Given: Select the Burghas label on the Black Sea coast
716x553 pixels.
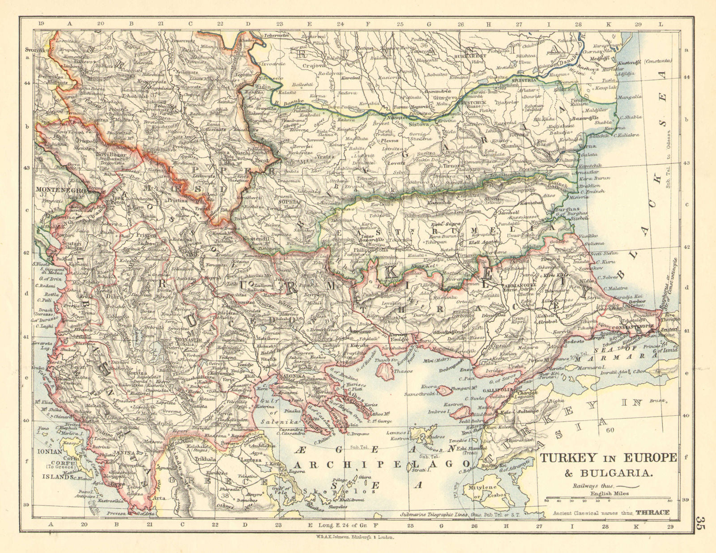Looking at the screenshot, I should tap(567, 209).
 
